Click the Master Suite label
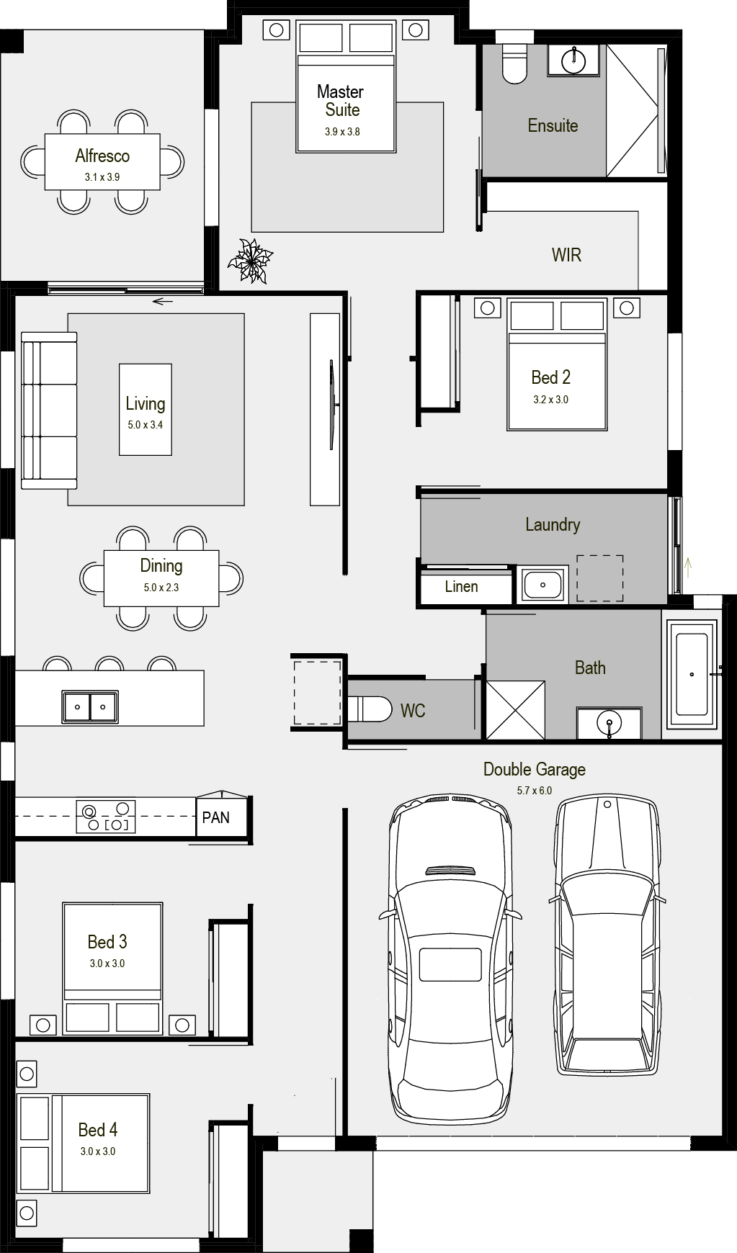coord(340,101)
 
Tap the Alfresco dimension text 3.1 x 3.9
coord(102,176)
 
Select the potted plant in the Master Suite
coord(250,260)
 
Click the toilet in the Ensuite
coord(514,63)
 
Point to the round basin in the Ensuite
coord(573,60)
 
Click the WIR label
coord(566,255)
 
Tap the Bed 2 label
coord(551,377)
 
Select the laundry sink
coord(542,585)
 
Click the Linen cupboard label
coord(461,586)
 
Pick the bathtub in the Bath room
coord(692,674)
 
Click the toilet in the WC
coord(369,709)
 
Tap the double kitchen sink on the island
coord(90,706)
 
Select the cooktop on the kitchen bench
coord(106,817)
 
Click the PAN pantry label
coord(216,817)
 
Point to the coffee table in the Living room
coord(146,409)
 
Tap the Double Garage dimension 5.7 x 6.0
coord(535,790)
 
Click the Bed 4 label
coord(98,1130)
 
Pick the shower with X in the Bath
coord(516,710)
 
